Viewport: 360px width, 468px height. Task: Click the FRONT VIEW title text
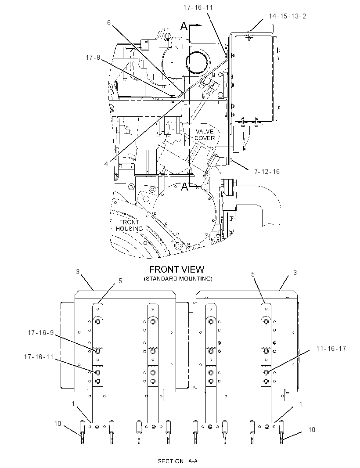tap(177, 269)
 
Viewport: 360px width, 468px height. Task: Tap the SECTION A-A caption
tap(178, 461)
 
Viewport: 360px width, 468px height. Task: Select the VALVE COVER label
tap(205, 135)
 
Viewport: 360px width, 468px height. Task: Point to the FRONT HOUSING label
tap(129, 225)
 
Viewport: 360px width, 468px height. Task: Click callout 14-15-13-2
tap(288, 16)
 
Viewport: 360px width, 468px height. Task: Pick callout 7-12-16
tap(267, 171)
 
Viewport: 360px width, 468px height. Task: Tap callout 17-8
tap(93, 58)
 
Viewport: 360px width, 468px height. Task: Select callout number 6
tap(109, 23)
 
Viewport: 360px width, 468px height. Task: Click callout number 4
tap(106, 164)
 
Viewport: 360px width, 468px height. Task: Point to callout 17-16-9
tap(40, 332)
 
